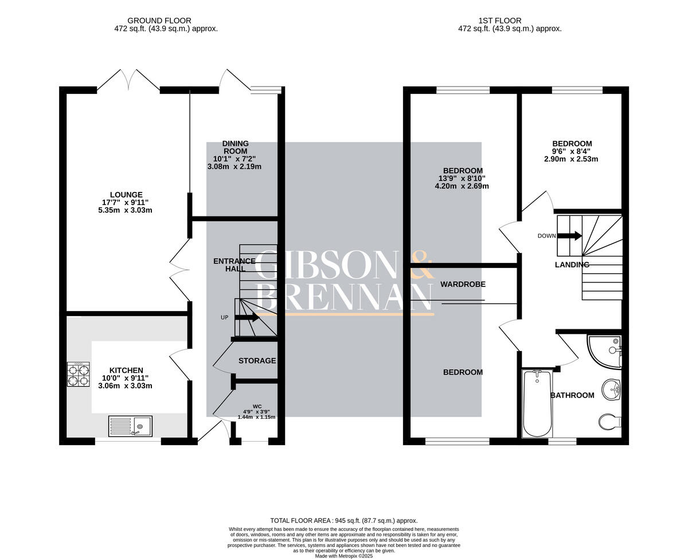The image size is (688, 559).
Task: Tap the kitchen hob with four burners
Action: (79, 375)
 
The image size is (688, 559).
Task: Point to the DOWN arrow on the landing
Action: (569, 235)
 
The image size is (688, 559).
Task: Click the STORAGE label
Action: (257, 361)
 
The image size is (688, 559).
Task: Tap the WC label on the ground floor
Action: (257, 406)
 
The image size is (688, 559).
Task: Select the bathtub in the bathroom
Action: (537, 403)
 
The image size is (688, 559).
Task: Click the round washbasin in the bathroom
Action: (612, 389)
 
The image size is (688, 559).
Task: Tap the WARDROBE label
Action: (463, 284)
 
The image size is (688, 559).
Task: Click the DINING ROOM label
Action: (236, 147)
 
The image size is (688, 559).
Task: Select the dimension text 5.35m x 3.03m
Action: (125, 210)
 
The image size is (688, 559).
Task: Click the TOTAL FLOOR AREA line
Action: (344, 520)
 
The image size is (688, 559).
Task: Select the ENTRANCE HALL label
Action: (234, 265)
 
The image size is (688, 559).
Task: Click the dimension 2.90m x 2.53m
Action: (571, 159)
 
